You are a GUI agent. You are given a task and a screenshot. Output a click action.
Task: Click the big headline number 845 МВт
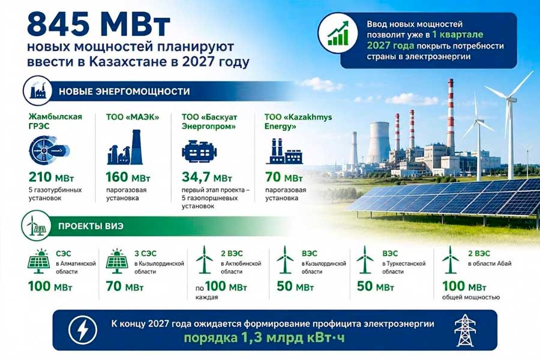98,25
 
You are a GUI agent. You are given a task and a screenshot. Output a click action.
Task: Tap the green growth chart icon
338,34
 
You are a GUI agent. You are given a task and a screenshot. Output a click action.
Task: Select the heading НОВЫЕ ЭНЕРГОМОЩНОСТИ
124,91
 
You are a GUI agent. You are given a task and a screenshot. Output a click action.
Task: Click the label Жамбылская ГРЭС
55,121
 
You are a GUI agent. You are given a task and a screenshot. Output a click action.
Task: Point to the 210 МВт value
52,177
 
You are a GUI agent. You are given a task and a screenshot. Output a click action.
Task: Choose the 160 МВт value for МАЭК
128,177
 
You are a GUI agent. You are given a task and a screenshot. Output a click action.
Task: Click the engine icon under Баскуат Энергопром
199,151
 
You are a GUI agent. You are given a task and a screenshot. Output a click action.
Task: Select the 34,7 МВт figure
207,177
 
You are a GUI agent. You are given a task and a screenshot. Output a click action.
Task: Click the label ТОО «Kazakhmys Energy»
298,122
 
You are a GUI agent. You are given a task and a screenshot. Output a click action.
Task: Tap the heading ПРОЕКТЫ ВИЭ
91,226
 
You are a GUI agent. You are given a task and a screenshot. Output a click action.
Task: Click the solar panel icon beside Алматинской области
38,261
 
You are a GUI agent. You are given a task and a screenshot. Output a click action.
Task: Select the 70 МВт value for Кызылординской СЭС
125,286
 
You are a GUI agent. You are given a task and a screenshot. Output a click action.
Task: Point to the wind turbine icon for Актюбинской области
204,260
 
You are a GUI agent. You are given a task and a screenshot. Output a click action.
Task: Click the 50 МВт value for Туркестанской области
376,286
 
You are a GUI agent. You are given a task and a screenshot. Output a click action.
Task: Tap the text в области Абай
490,263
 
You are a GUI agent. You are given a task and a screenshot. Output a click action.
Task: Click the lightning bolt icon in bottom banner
83,329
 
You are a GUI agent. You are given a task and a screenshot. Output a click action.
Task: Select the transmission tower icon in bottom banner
465,329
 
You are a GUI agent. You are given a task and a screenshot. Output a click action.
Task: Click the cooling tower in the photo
379,143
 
